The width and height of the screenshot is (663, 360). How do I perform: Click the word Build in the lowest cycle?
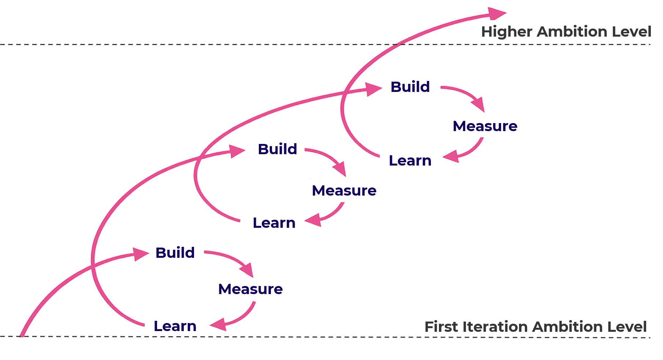tap(175, 253)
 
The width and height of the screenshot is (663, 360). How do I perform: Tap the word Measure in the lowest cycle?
tap(250, 289)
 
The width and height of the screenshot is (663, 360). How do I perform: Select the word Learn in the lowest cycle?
tap(175, 326)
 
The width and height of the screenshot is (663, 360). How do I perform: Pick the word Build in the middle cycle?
tap(278, 149)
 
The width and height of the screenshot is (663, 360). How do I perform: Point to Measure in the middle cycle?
tap(344, 190)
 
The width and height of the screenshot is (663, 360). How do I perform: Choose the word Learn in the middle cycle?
tap(274, 223)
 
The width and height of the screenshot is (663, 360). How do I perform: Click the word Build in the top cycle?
tap(410, 87)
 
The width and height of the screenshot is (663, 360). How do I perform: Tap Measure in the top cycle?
tap(485, 126)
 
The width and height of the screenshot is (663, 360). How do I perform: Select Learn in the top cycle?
tap(410, 160)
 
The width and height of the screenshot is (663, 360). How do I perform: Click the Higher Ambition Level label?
tap(566, 31)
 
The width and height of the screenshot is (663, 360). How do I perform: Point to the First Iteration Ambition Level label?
tap(536, 327)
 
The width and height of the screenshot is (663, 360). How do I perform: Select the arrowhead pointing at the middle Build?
tap(237, 151)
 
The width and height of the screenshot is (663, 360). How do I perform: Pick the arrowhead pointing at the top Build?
tap(374, 89)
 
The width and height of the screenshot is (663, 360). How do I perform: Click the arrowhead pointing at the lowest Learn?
tap(219, 324)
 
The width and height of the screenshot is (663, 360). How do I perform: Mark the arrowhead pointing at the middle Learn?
tap(314, 220)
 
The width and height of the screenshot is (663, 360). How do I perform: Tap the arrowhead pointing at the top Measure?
tap(478, 104)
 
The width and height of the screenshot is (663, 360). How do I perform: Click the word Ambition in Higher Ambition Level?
tap(572, 31)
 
